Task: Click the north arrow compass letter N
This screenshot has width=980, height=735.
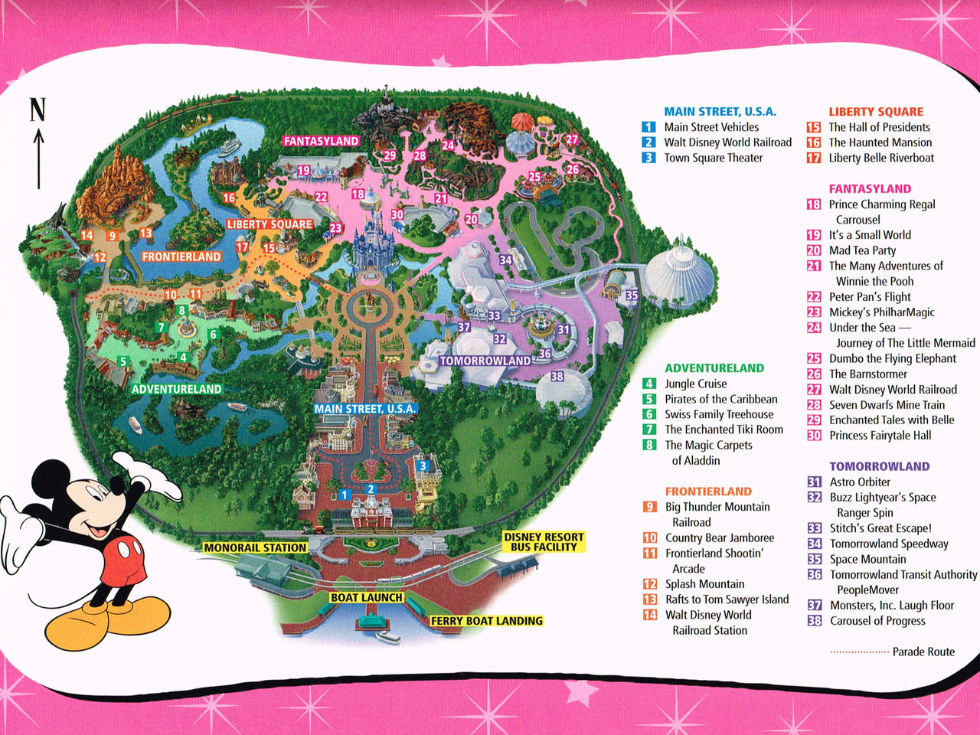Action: click(x=38, y=109)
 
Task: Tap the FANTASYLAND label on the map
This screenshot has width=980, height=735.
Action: click(x=321, y=141)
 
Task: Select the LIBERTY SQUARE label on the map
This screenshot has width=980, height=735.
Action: click(x=269, y=224)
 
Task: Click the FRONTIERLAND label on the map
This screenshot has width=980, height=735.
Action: click(x=181, y=256)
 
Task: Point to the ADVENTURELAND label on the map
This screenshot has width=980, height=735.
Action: click(x=177, y=389)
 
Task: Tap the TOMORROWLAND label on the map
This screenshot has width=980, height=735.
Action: click(x=485, y=361)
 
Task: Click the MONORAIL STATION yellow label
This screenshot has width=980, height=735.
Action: click(x=255, y=547)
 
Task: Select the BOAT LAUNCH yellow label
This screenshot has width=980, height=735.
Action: click(x=367, y=597)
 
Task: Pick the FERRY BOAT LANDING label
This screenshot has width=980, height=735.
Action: click(x=487, y=621)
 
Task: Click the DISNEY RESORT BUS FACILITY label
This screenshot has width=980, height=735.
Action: click(x=544, y=542)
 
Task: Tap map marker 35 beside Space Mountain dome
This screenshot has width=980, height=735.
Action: click(x=632, y=295)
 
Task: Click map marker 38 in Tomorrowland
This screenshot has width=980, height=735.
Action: click(x=557, y=376)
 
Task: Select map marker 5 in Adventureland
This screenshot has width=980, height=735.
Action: click(x=122, y=362)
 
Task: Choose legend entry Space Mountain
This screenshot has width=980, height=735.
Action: click(x=867, y=559)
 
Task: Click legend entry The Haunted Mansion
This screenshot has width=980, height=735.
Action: click(x=880, y=142)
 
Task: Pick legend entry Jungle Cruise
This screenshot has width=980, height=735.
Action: click(x=695, y=384)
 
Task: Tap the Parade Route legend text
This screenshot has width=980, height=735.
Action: click(x=923, y=652)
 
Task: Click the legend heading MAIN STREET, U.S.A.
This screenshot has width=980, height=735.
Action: click(x=720, y=112)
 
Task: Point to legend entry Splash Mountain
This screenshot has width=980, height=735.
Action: click(x=704, y=584)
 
